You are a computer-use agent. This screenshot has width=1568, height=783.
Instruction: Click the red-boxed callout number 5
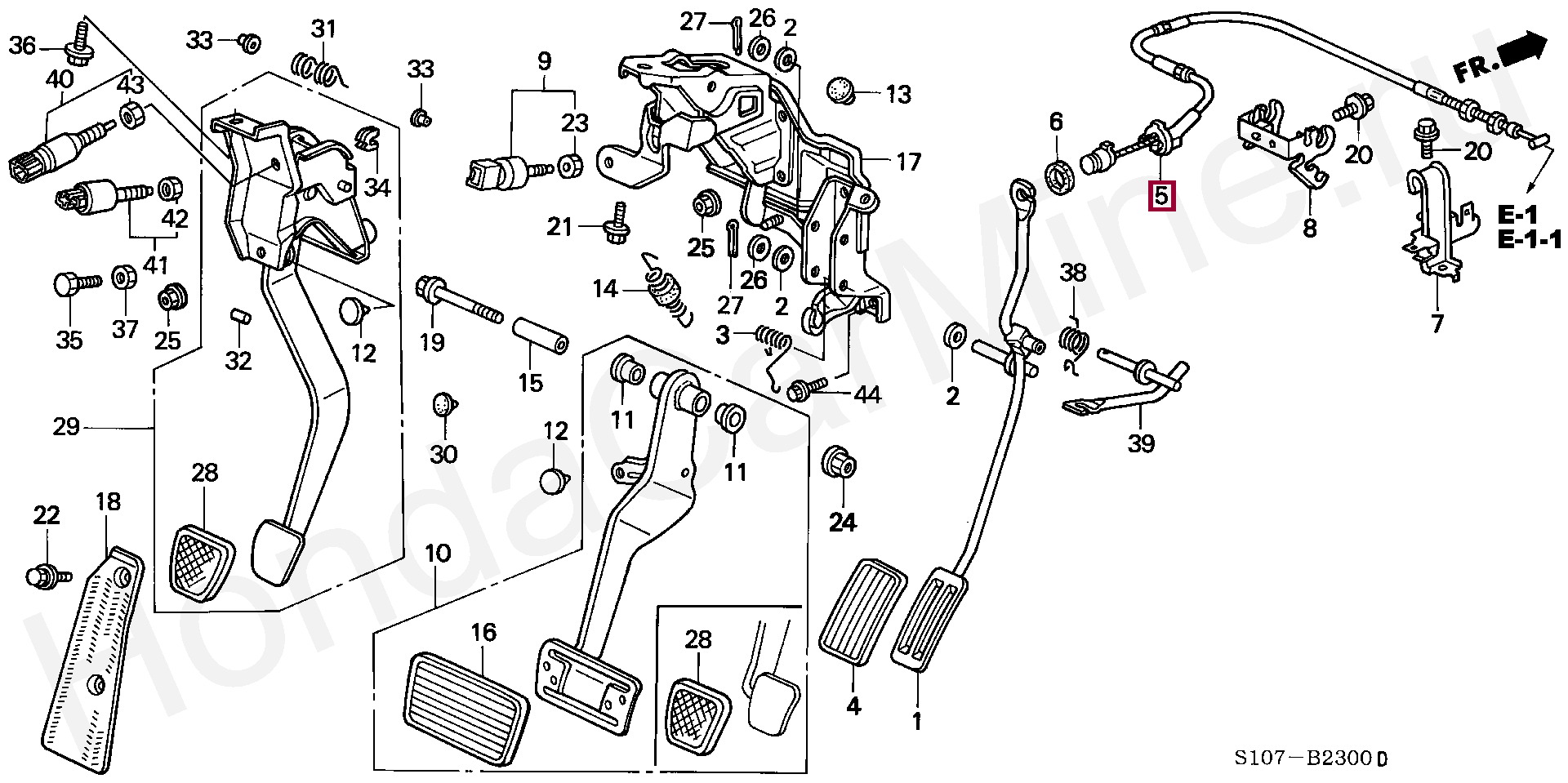(x=1160, y=196)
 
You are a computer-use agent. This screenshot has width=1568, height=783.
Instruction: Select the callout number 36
(x=22, y=46)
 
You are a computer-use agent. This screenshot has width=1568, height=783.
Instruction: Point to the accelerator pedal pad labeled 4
(x=862, y=612)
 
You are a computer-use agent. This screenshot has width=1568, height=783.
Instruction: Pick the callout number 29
(x=65, y=426)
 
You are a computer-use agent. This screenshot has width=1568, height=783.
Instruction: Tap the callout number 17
(x=908, y=162)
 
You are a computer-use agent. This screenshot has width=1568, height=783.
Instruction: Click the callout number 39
(x=1142, y=443)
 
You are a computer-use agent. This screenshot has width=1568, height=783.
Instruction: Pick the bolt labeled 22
(x=47, y=576)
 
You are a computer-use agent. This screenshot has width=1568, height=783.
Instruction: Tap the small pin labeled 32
(x=239, y=316)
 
